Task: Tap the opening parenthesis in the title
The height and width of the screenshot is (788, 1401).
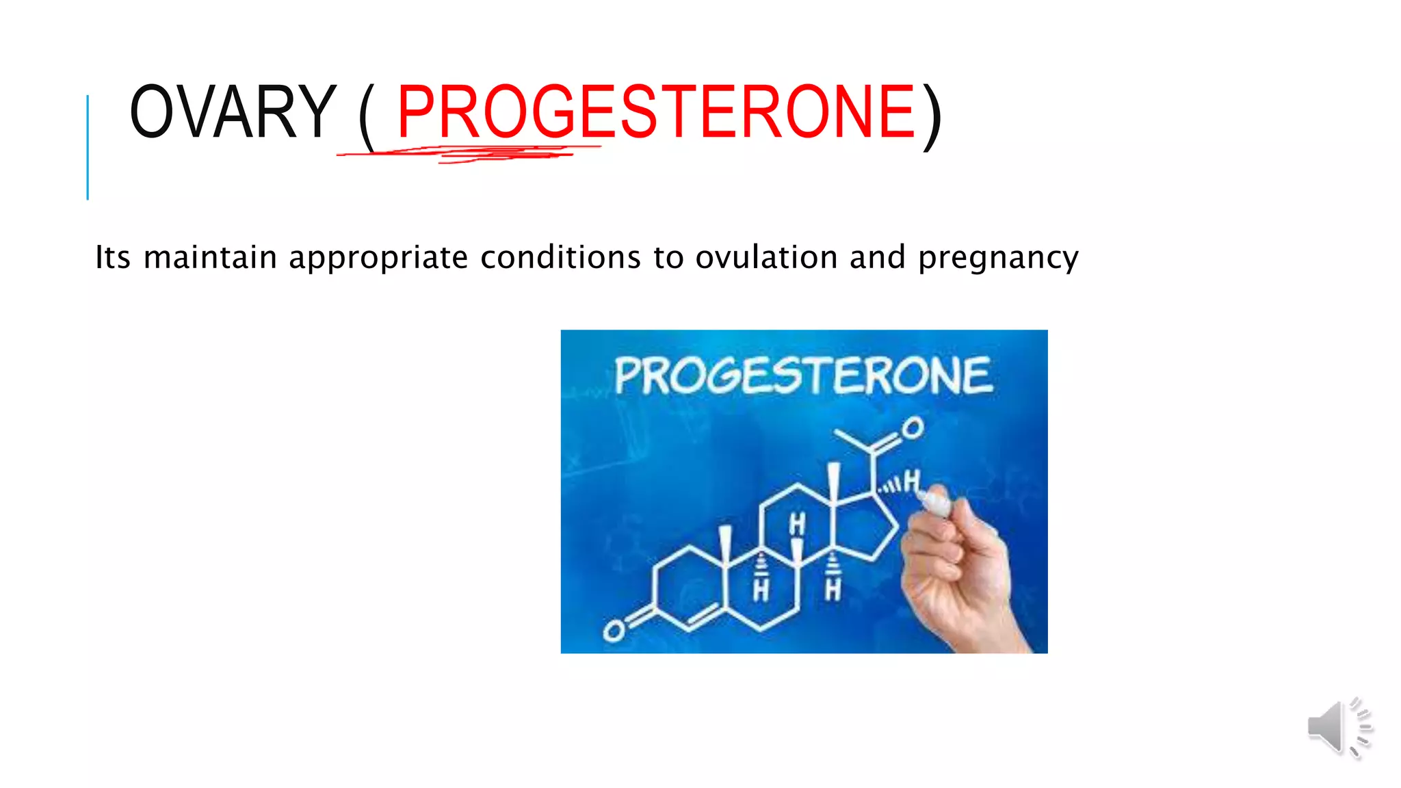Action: [367, 116]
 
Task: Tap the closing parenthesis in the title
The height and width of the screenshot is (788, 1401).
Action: [932, 116]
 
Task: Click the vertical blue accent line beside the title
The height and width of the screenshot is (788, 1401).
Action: [88, 147]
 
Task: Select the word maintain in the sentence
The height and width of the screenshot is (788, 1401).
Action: [210, 258]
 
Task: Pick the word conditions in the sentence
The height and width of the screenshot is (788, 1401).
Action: [560, 258]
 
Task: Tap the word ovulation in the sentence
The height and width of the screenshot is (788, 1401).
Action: [766, 258]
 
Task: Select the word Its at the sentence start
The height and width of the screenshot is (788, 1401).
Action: [112, 258]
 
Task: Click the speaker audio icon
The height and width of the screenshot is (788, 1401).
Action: [1339, 728]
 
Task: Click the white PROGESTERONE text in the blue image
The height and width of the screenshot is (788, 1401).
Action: [803, 376]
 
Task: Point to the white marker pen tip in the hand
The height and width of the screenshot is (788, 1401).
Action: [931, 501]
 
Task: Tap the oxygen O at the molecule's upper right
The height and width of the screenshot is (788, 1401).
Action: [912, 429]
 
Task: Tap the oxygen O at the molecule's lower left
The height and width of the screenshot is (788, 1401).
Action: [614, 631]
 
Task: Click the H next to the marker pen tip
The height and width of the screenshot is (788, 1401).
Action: [911, 482]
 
